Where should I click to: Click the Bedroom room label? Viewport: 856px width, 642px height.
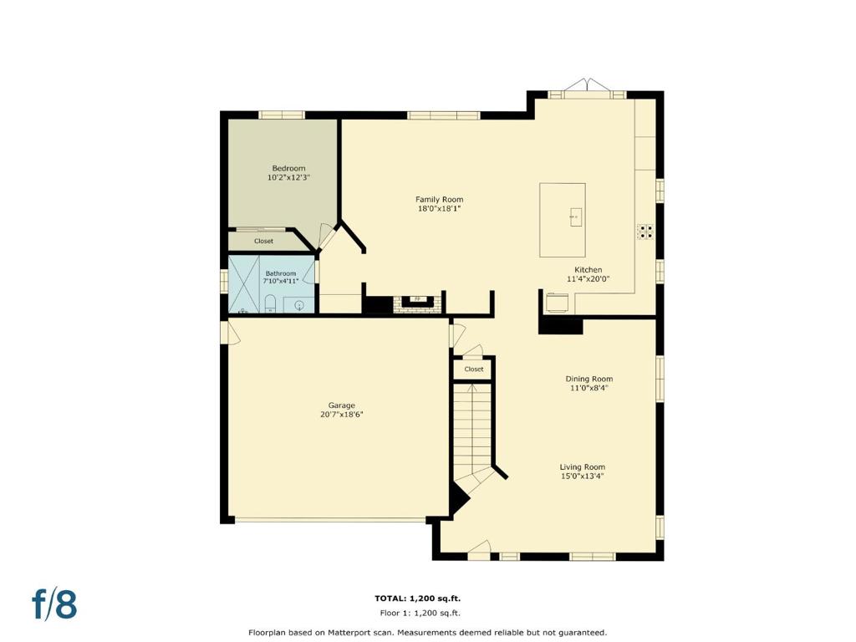pyautogui.click(x=288, y=168)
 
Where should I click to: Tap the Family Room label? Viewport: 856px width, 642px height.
pyautogui.click(x=439, y=199)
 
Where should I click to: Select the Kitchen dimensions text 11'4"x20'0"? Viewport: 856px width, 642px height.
pyautogui.click(x=588, y=278)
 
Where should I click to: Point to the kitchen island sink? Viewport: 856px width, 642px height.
pyautogui.click(x=575, y=217)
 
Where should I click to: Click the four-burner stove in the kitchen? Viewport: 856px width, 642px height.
pyautogui.click(x=646, y=232)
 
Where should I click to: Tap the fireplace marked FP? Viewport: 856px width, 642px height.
pyautogui.click(x=418, y=301)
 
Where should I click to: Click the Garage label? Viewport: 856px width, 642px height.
pyautogui.click(x=342, y=405)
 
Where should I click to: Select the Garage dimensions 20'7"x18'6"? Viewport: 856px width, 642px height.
pyautogui.click(x=342, y=415)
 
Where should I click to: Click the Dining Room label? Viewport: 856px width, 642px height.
pyautogui.click(x=589, y=379)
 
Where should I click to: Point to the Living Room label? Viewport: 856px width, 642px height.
pyautogui.click(x=583, y=466)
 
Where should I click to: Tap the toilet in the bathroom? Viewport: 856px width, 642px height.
pyautogui.click(x=270, y=304)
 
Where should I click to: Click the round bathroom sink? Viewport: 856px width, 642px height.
pyautogui.click(x=299, y=305)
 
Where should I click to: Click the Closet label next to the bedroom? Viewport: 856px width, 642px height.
pyautogui.click(x=263, y=241)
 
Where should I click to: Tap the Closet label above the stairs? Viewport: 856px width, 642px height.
pyautogui.click(x=474, y=369)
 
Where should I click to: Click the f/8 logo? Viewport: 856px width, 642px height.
pyautogui.click(x=54, y=604)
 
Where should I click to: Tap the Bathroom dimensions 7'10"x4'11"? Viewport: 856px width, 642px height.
pyautogui.click(x=281, y=281)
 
